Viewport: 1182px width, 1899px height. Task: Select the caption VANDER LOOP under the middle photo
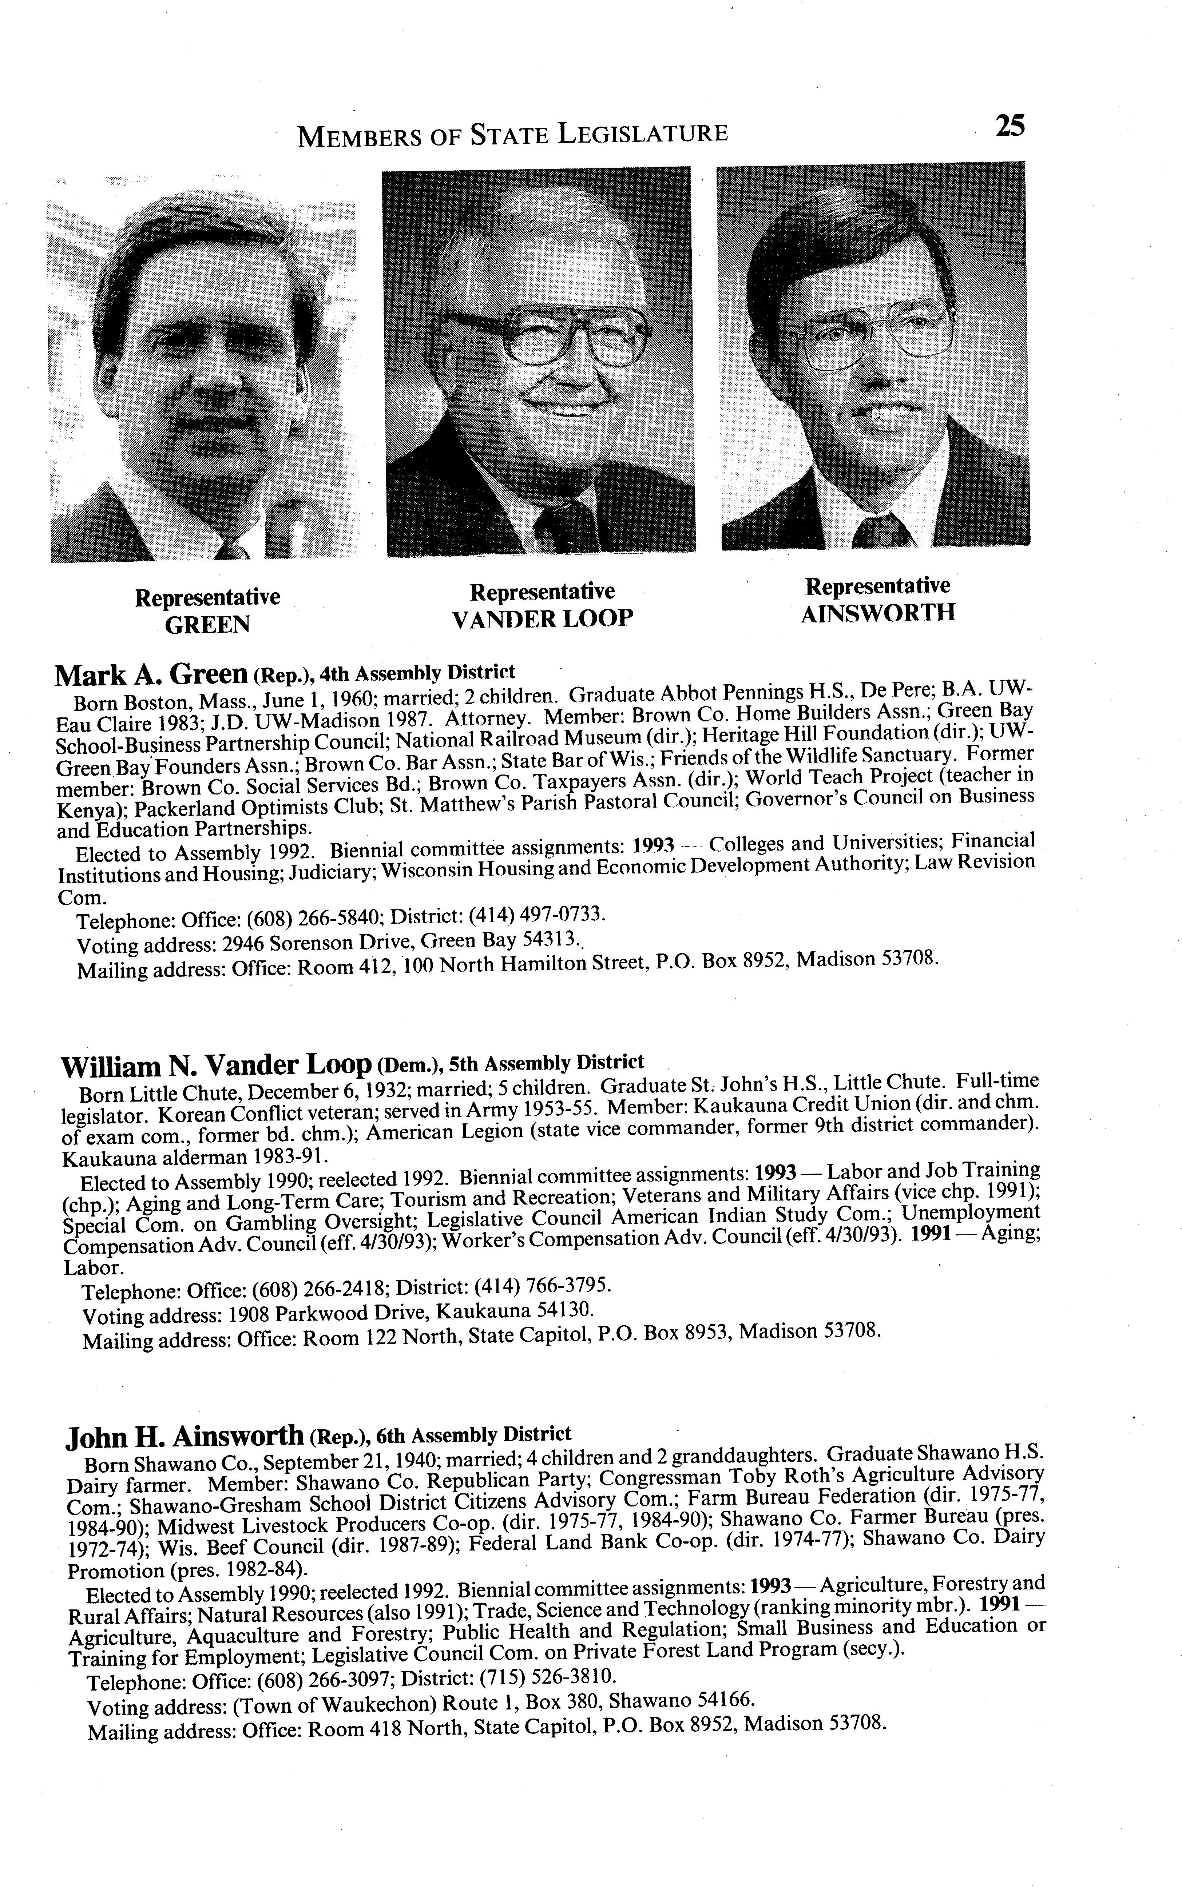[543, 619]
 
